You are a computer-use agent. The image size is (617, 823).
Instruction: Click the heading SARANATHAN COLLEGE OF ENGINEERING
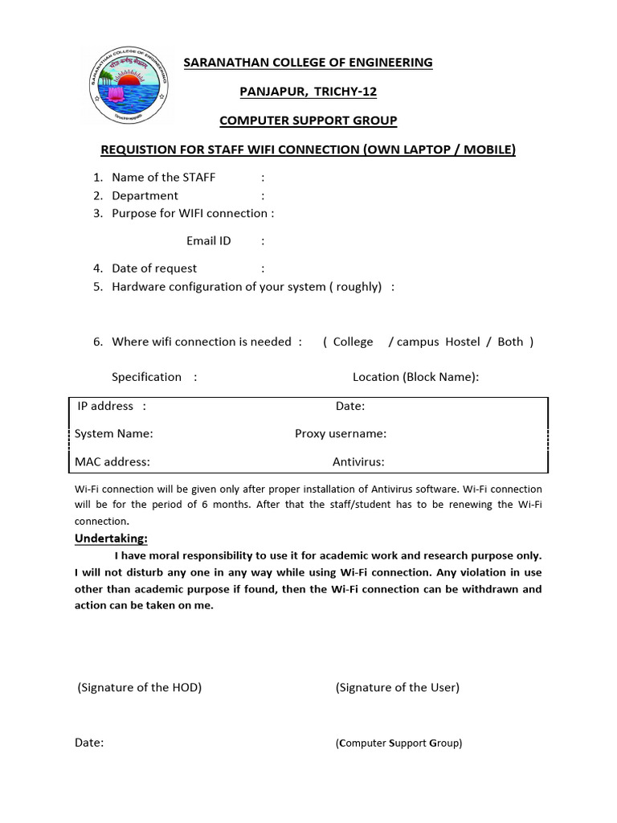pyautogui.click(x=308, y=63)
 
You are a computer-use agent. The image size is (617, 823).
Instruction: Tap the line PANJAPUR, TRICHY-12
pyautogui.click(x=308, y=92)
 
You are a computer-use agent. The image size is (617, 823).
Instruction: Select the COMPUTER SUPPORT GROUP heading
pyautogui.click(x=308, y=121)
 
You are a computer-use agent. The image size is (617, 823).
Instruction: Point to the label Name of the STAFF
pyautogui.click(x=163, y=177)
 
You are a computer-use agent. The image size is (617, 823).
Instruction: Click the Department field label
pyautogui.click(x=145, y=195)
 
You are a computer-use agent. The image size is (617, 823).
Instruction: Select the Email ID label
pyautogui.click(x=208, y=240)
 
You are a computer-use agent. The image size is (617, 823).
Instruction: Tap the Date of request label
pyautogui.click(x=154, y=268)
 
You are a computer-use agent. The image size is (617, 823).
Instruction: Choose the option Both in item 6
pyautogui.click(x=510, y=342)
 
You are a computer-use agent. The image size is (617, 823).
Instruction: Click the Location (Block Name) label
pyautogui.click(x=415, y=377)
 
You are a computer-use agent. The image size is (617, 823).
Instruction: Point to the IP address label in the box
pyautogui.click(x=105, y=406)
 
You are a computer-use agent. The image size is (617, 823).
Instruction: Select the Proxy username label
pyautogui.click(x=341, y=434)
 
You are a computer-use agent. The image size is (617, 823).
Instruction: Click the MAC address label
pyautogui.click(x=112, y=461)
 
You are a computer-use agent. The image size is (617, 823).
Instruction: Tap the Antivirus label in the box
pyautogui.click(x=358, y=461)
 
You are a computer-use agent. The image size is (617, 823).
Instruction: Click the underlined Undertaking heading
pyautogui.click(x=111, y=538)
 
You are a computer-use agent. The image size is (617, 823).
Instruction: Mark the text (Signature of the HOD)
pyautogui.click(x=139, y=687)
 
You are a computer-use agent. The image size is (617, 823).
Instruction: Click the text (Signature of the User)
pyautogui.click(x=397, y=687)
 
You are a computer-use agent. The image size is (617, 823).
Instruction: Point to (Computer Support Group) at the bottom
pyautogui.click(x=398, y=743)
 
